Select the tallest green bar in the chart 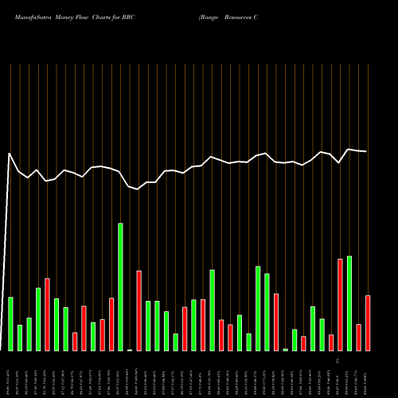[121, 287]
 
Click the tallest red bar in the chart [341, 305]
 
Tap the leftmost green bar [11, 324]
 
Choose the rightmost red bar [368, 323]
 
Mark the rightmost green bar [349, 303]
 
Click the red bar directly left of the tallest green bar [111, 324]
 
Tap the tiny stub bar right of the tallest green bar [130, 349]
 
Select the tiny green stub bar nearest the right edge [286, 349]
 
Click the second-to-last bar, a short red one [359, 338]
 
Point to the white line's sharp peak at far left [10, 153]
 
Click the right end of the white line [366, 151]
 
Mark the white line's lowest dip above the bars [139, 189]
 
